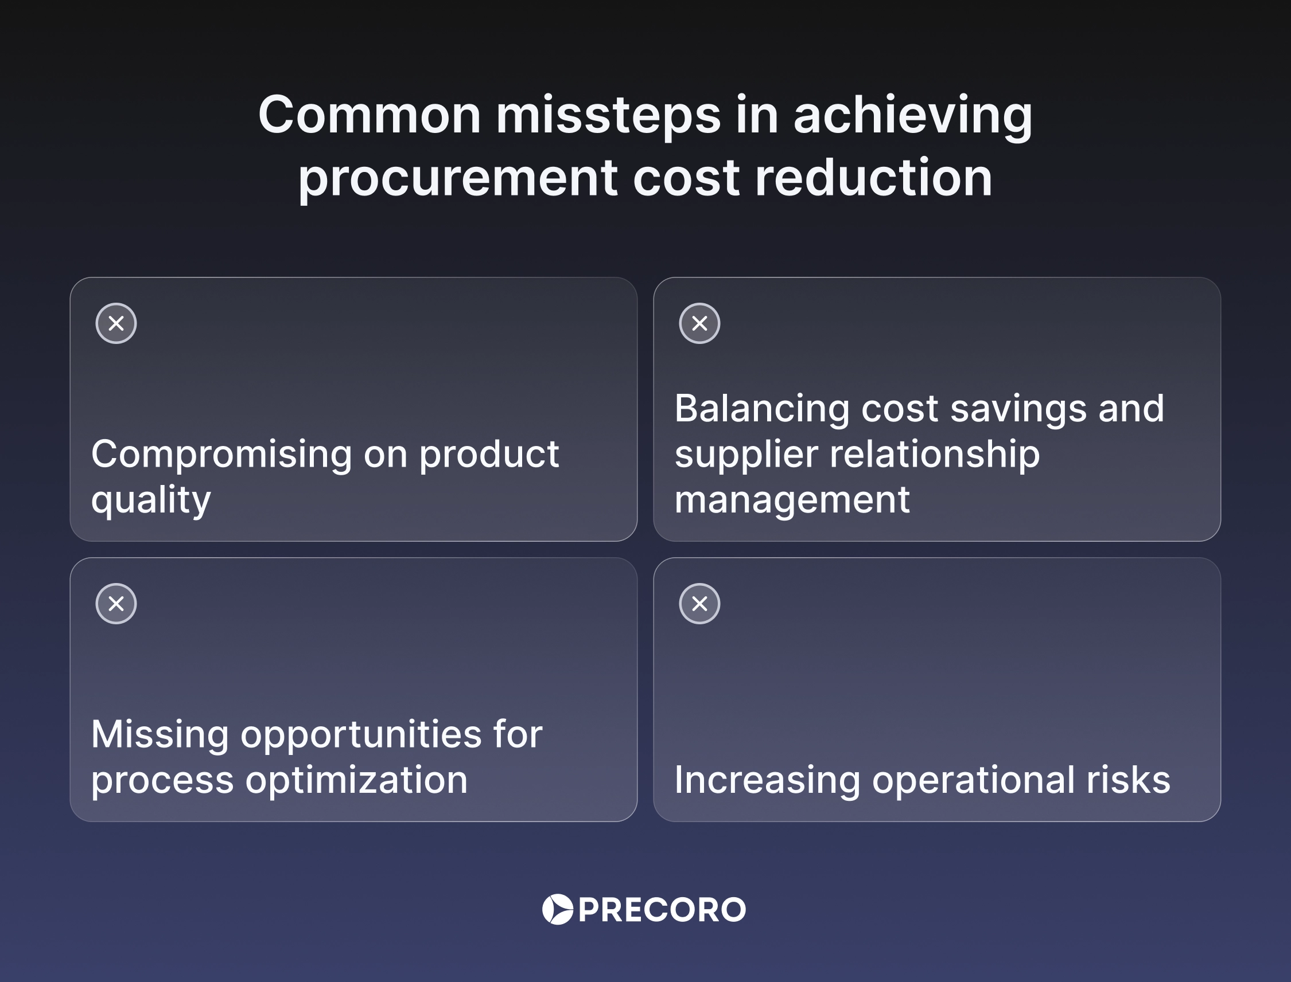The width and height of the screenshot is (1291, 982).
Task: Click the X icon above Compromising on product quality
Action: [116, 323]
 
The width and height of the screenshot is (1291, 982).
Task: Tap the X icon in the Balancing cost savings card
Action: [699, 323]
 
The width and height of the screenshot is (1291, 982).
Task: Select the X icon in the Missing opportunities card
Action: [116, 603]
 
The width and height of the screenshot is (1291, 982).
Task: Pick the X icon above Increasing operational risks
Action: [699, 603]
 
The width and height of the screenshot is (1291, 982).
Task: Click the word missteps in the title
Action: [608, 115]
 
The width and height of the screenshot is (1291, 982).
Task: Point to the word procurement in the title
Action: [457, 178]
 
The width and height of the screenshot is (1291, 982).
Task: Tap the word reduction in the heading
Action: [873, 178]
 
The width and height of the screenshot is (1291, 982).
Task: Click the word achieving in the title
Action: [912, 115]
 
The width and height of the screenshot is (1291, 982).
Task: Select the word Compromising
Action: [221, 454]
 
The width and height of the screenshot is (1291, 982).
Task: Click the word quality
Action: [151, 500]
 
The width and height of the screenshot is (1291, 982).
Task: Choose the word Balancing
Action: [761, 408]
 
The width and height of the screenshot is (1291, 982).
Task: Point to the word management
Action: [792, 500]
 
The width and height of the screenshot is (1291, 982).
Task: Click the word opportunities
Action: [361, 735]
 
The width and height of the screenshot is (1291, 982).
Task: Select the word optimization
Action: [356, 780]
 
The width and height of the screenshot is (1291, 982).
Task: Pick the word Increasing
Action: [767, 780]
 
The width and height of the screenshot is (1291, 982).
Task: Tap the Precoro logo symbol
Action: [558, 910]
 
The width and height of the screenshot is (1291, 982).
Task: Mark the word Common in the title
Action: [370, 115]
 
